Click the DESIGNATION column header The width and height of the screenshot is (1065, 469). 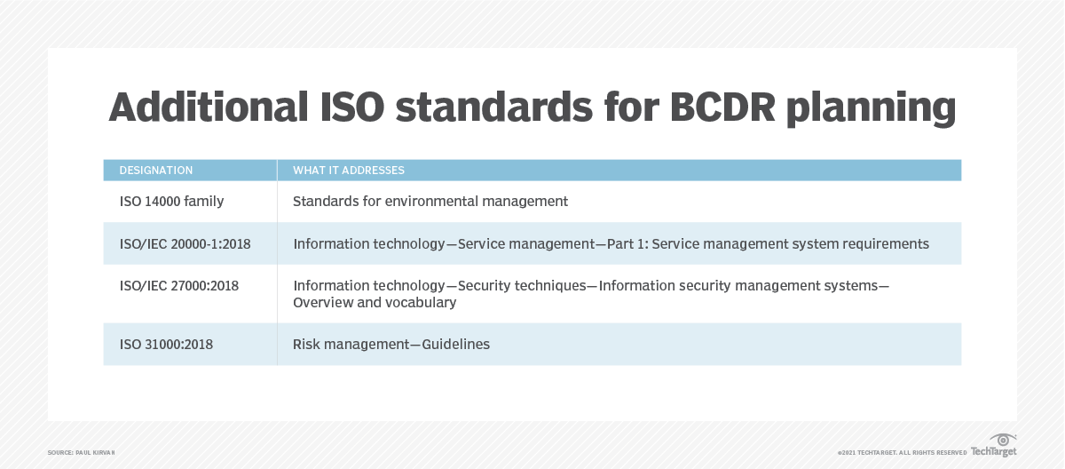pyautogui.click(x=156, y=171)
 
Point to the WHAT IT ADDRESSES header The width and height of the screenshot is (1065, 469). pyautogui.click(x=349, y=171)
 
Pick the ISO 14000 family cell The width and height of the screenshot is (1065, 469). pyautogui.click(x=171, y=202)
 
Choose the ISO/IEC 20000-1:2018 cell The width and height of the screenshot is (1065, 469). pyautogui.click(x=184, y=243)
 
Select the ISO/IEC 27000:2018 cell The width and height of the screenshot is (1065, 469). pyautogui.click(x=178, y=286)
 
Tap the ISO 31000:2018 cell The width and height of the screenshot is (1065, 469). pyautogui.click(x=166, y=344)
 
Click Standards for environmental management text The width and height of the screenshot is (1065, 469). pyautogui.click(x=430, y=202)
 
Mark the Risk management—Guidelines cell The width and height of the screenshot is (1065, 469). pyautogui.click(x=391, y=344)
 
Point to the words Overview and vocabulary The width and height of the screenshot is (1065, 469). pyautogui.click(x=375, y=302)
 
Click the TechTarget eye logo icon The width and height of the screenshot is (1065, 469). pyautogui.click(x=1004, y=440)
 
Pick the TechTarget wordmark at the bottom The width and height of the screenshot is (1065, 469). pyautogui.click(x=993, y=452)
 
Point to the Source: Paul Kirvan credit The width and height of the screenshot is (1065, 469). pyautogui.click(x=82, y=453)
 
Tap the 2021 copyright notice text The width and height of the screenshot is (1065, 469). pyautogui.click(x=901, y=453)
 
